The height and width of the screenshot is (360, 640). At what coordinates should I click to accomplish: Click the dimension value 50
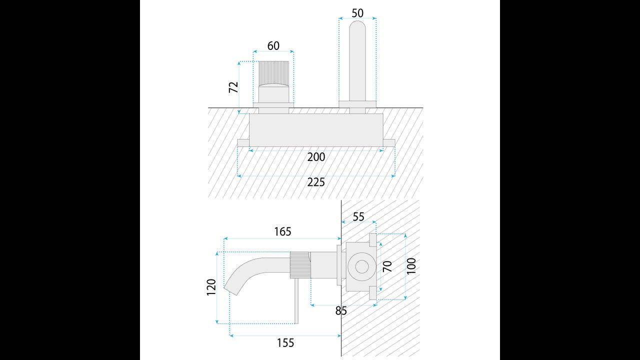click(x=357, y=13)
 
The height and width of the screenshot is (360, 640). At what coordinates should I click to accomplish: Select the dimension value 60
click(x=273, y=45)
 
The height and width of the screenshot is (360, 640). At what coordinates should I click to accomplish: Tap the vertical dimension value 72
click(x=233, y=87)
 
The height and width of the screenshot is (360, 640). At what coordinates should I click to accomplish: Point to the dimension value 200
click(x=316, y=157)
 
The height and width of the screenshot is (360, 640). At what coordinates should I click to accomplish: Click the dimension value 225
click(x=316, y=182)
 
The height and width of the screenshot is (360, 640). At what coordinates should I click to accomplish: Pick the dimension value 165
click(x=282, y=231)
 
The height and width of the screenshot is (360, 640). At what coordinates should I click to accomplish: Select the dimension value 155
click(x=285, y=343)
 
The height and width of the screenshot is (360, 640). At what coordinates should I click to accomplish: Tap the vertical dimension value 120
click(x=211, y=287)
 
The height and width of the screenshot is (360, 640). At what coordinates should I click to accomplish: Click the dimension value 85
click(x=341, y=311)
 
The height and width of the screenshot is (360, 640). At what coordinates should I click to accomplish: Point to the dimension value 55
click(x=358, y=217)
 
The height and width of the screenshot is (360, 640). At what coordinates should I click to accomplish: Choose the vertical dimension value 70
click(x=387, y=266)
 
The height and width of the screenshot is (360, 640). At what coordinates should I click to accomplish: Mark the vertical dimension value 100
click(x=411, y=266)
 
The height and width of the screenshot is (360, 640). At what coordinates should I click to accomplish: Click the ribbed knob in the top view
click(x=273, y=73)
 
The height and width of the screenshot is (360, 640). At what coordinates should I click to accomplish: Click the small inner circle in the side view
click(x=361, y=266)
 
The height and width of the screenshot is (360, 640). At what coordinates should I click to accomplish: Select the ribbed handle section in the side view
click(x=300, y=265)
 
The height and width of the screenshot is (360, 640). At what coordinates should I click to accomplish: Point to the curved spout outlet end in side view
click(x=231, y=290)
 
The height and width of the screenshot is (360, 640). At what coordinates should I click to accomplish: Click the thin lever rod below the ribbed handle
click(x=297, y=301)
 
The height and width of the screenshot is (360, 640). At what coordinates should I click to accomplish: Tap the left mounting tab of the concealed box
click(x=243, y=143)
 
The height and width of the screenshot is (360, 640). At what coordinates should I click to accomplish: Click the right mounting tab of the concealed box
click(x=389, y=143)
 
